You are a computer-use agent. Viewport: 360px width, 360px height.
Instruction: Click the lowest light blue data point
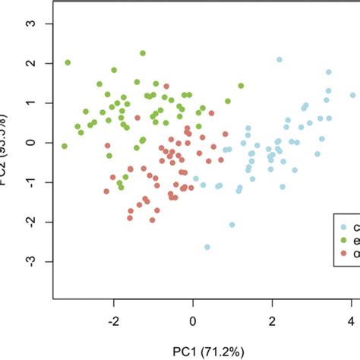(x=207, y=247)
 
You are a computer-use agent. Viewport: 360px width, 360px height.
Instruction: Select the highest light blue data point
(x=279, y=59)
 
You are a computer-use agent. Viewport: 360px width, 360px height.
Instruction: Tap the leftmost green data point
(x=65, y=146)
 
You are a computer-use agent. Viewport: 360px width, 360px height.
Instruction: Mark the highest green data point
(x=143, y=53)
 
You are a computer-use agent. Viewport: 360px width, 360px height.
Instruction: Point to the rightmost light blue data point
(x=352, y=96)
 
